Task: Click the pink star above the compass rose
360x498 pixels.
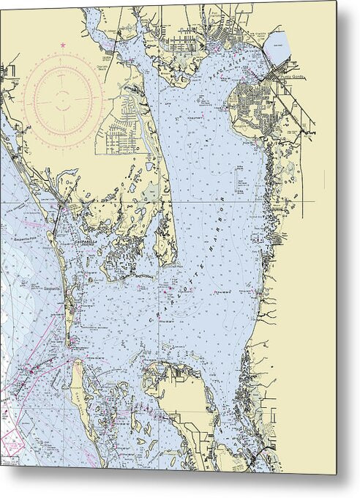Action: point(62,46)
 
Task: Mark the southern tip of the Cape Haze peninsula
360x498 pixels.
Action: point(167,261)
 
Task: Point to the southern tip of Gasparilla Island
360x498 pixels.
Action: point(70,343)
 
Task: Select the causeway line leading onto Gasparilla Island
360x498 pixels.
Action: point(56,220)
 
